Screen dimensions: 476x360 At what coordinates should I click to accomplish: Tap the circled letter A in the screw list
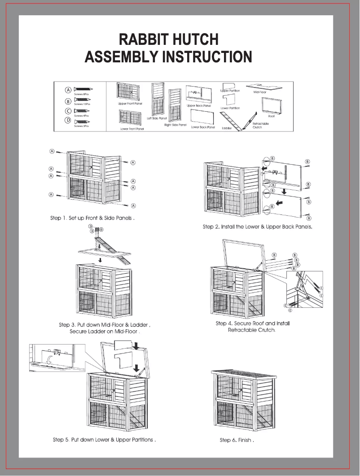(68, 90)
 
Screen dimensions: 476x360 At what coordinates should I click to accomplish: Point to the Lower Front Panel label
(132, 129)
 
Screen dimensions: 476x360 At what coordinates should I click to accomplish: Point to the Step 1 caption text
(92, 218)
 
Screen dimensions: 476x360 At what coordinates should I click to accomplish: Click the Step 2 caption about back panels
(257, 227)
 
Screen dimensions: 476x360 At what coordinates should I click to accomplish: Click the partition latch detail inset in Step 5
(57, 357)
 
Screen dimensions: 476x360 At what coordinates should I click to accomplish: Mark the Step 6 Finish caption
(237, 440)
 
